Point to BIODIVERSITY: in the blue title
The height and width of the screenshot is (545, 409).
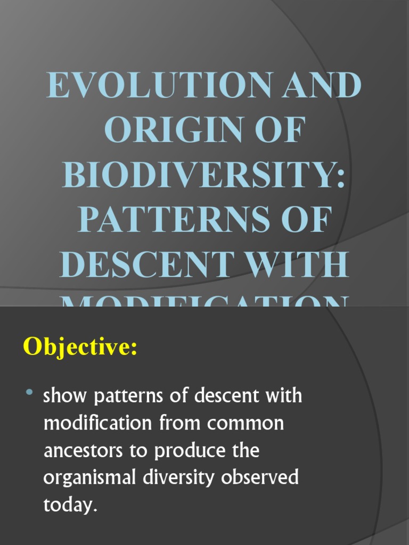pos(204,175)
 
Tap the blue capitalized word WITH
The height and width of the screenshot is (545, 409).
pos(296,265)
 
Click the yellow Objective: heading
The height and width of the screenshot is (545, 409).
pos(80,348)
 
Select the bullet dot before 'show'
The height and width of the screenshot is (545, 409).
pos(29,393)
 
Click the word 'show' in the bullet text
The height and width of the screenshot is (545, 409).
pos(65,397)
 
